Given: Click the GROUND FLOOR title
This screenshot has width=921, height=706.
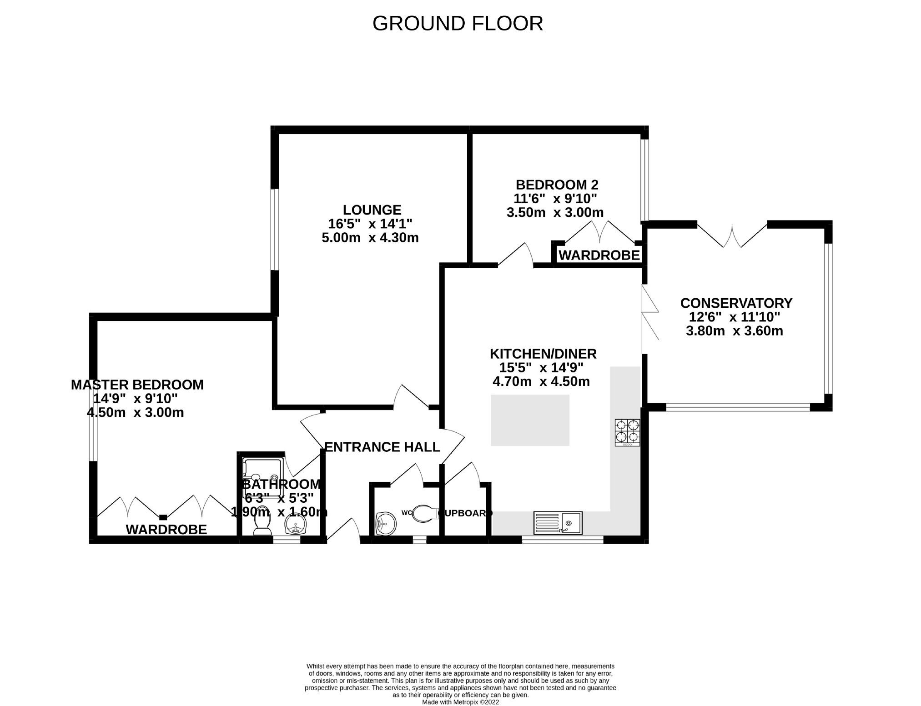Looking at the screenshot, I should click(x=458, y=24).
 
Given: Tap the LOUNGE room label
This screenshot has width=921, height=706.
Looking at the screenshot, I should click(x=372, y=210).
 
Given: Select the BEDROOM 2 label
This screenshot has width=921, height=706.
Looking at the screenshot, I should click(x=557, y=185).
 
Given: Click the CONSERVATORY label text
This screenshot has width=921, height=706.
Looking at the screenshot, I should click(x=736, y=303).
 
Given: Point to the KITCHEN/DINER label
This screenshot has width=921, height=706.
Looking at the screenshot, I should click(x=543, y=353).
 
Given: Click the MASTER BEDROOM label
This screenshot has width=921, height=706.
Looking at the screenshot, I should click(x=137, y=385).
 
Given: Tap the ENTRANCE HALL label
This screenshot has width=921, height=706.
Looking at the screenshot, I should click(x=382, y=447).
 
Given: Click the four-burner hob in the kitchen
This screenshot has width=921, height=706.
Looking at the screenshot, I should click(x=627, y=432).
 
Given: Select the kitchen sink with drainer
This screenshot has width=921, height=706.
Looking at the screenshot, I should click(x=558, y=522).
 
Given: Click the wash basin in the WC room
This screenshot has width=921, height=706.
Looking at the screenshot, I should click(x=385, y=523).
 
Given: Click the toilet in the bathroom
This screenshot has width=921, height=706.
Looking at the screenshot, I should click(x=262, y=526).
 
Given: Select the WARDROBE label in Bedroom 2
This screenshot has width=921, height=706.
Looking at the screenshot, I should click(x=599, y=255).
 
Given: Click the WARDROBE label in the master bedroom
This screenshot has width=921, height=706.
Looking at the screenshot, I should click(x=166, y=530).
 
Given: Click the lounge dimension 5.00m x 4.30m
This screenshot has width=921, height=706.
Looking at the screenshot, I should click(x=370, y=238).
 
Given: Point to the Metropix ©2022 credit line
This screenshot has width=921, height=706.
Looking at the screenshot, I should click(x=460, y=702).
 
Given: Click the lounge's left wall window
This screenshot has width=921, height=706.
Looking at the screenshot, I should click(x=275, y=229).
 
